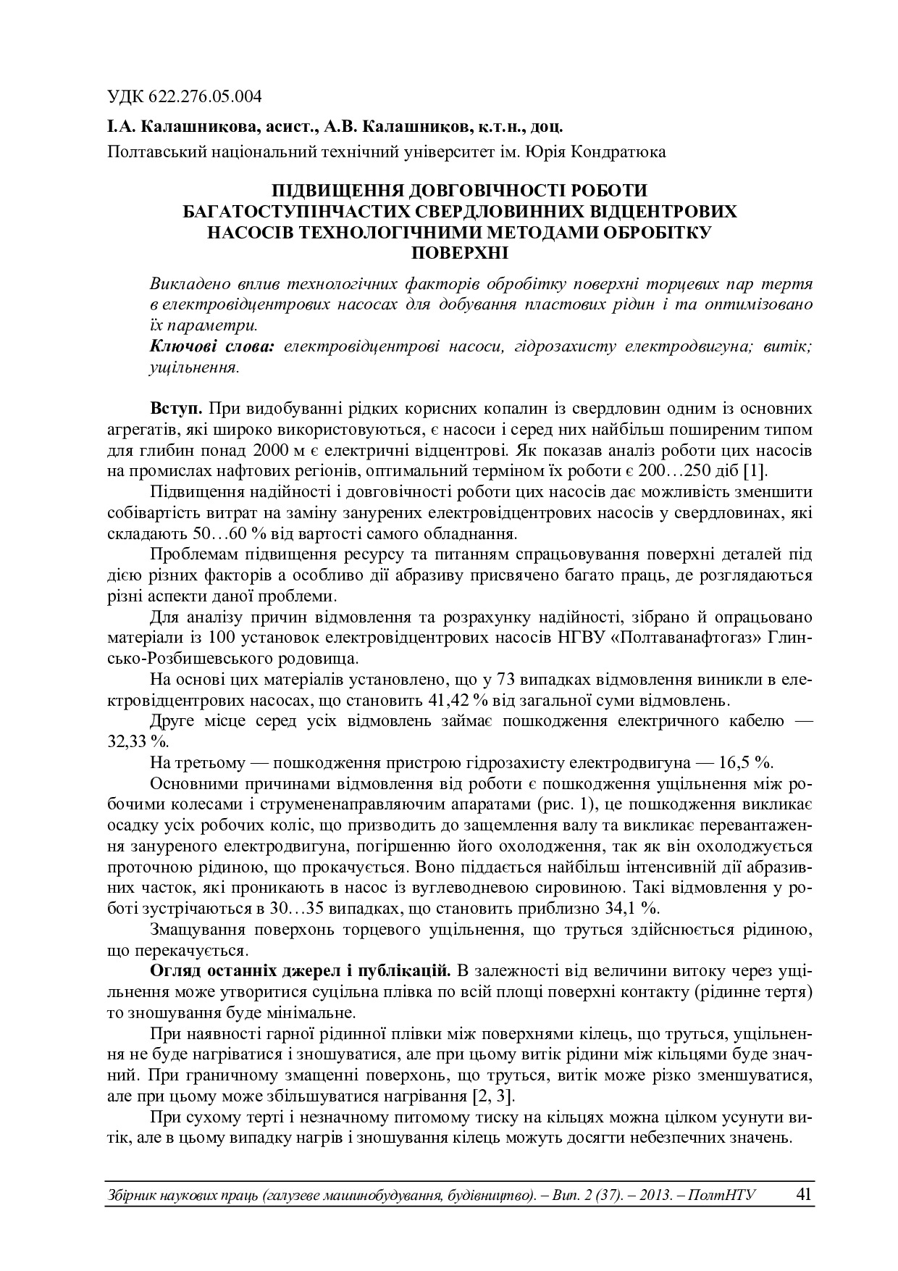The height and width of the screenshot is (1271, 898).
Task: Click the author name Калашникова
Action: click(x=193, y=128)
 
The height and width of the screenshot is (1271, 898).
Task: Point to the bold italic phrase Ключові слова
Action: click(x=211, y=346)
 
